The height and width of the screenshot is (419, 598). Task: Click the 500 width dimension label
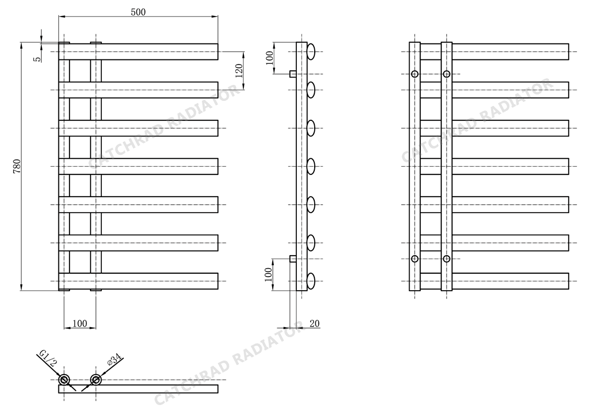pyautogui.click(x=138, y=12)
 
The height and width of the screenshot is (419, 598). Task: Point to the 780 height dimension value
pyautogui.click(x=17, y=167)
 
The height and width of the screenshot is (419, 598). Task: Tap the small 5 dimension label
pyautogui.click(x=36, y=59)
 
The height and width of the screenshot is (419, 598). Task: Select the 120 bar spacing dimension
pyautogui.click(x=239, y=71)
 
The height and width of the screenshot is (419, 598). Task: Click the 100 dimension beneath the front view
pyautogui.click(x=80, y=323)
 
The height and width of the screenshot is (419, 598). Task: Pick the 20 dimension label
pyautogui.click(x=314, y=323)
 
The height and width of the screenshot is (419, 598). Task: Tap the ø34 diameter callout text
pyautogui.click(x=114, y=359)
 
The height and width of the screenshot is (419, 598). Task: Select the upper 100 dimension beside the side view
pyautogui.click(x=269, y=57)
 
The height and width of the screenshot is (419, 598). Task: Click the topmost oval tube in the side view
pyautogui.click(x=311, y=51)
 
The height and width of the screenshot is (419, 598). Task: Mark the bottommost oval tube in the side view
pyautogui.click(x=311, y=281)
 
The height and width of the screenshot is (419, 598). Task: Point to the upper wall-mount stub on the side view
pyautogui.click(x=293, y=74)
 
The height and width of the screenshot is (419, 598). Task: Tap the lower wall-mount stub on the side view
pyautogui.click(x=293, y=259)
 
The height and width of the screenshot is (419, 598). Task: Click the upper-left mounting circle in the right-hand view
pyautogui.click(x=415, y=74)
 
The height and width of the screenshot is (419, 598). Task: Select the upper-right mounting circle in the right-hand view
pyautogui.click(x=447, y=74)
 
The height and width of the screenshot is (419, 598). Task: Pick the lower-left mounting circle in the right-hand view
pyautogui.click(x=415, y=259)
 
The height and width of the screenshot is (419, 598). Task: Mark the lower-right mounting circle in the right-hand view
pyautogui.click(x=447, y=259)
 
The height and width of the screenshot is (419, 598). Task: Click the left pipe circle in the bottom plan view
pyautogui.click(x=64, y=380)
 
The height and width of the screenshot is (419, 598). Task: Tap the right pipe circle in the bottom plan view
pyautogui.click(x=96, y=380)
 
